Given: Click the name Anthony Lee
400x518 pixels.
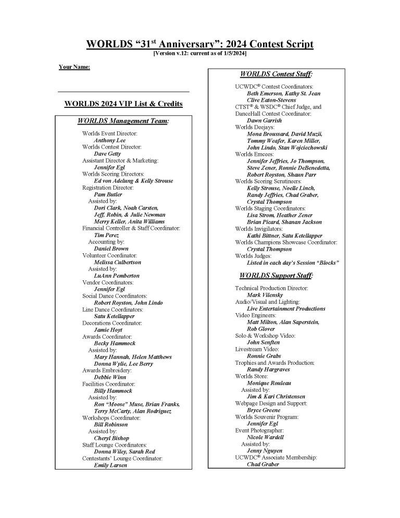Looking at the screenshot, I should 109,140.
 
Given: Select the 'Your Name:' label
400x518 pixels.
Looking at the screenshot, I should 74,67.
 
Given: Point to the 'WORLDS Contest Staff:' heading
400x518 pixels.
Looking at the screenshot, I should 280,75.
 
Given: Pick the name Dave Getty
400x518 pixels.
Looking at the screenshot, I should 107,154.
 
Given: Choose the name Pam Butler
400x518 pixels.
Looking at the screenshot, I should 108,194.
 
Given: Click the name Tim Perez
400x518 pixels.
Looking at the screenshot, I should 106,235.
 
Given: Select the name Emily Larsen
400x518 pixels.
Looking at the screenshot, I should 110,465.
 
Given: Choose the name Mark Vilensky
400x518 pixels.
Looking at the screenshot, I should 265,295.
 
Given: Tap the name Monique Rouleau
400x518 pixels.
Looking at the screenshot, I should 268,383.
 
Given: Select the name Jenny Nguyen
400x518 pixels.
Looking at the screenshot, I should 265,451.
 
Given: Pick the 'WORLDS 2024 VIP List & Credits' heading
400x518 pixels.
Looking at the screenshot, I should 123,104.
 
